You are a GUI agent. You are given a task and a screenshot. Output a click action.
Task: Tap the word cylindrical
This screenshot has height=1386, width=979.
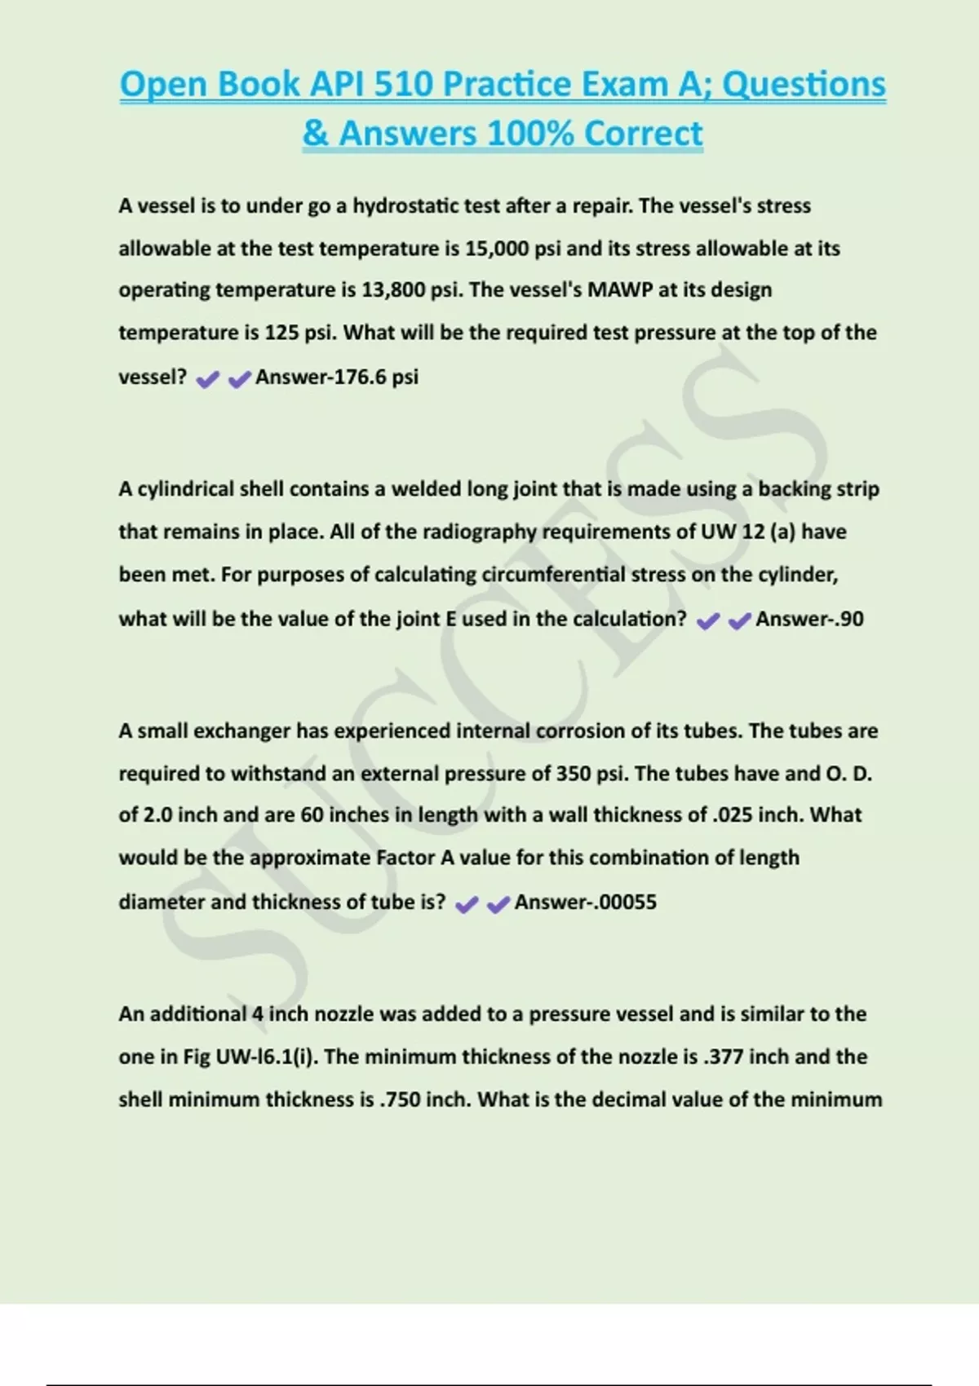[186, 489]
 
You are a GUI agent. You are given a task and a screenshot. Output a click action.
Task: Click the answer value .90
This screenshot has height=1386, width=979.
[848, 620]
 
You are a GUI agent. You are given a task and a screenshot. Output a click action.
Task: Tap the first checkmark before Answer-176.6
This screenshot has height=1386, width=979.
[208, 379]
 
